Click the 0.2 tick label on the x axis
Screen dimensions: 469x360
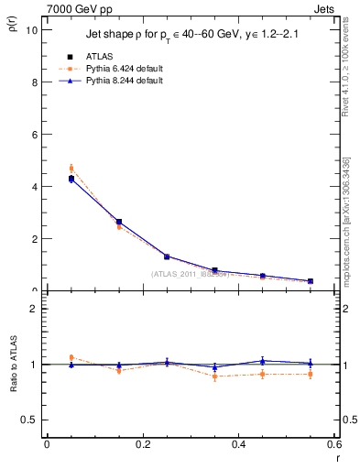[x=142, y=444]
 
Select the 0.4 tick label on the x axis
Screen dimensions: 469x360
[x=238, y=444]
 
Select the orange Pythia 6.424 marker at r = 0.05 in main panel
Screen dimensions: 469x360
[x=71, y=169]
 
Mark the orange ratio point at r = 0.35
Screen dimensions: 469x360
[x=214, y=376]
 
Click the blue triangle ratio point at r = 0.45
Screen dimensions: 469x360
[x=263, y=361]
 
